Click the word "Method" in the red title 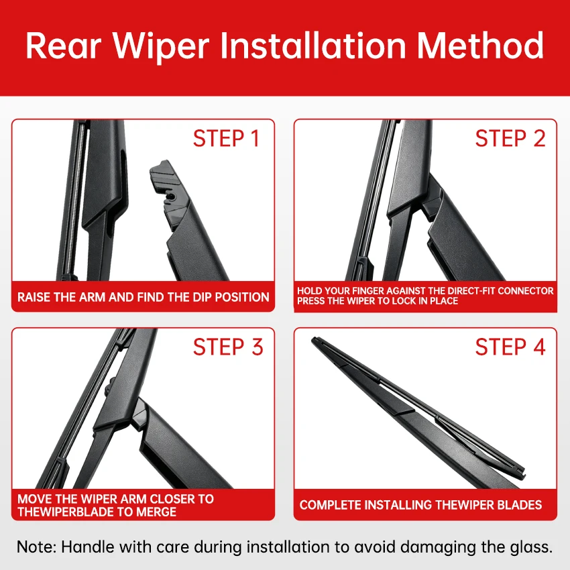tap(480, 46)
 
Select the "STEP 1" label tap(226, 139)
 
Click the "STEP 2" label tap(510, 139)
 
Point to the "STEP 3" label tap(228, 347)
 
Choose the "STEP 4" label tap(510, 347)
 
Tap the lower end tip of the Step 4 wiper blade tap(522, 471)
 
